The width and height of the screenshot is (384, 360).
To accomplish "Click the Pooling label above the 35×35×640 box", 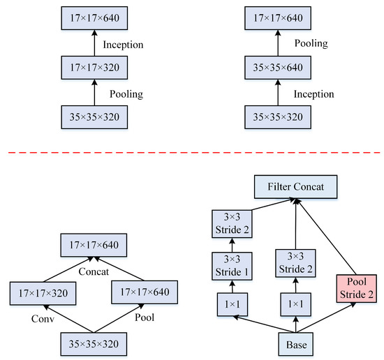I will (x=312, y=43).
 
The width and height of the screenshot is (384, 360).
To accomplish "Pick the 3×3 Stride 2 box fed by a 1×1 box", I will (x=297, y=263).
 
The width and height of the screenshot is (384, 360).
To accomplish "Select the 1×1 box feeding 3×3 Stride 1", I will (x=231, y=305).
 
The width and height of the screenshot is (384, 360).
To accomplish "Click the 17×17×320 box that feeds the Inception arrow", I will (x=94, y=69).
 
